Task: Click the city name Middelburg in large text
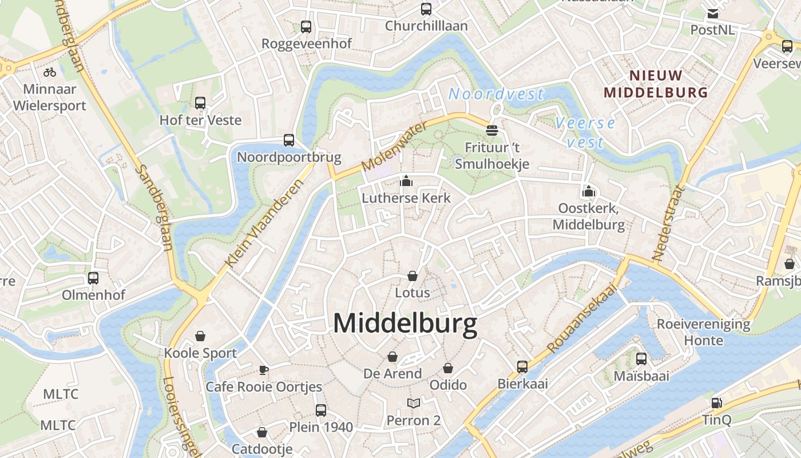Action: click(x=405, y=324)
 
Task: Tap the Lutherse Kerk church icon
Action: click(x=406, y=182)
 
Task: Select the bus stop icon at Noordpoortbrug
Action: click(x=289, y=140)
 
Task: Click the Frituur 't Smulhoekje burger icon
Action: click(x=492, y=131)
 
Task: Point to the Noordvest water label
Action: click(x=496, y=94)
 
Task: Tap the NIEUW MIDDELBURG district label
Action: click(x=656, y=84)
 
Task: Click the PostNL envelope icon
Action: click(x=713, y=14)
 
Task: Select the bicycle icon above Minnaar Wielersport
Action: click(x=50, y=72)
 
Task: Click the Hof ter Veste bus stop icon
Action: click(x=200, y=103)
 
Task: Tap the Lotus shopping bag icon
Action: click(x=413, y=276)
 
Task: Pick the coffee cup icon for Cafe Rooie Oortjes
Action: click(x=264, y=370)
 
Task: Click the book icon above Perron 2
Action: click(x=414, y=403)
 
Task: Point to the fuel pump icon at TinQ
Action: click(x=716, y=402)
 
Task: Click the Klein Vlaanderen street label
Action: click(x=264, y=223)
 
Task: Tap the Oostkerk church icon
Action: click(x=589, y=191)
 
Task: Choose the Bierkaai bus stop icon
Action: click(x=522, y=366)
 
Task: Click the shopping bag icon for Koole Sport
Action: click(x=200, y=335)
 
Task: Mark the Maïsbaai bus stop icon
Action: click(x=641, y=359)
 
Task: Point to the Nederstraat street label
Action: click(x=668, y=223)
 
